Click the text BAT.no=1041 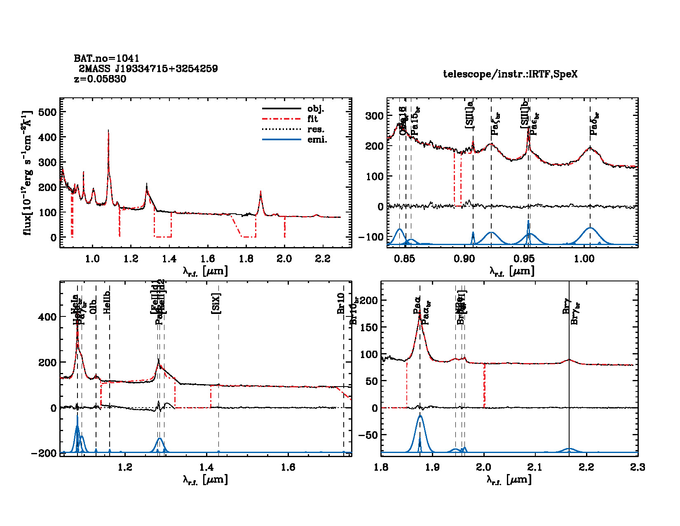point(106,59)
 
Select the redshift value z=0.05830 point(100,79)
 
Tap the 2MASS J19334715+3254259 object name point(148,68)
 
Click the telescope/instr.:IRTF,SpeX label point(510,74)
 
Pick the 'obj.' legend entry point(316,109)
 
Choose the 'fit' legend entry point(313,119)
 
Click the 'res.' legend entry point(316,130)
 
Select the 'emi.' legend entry point(317,140)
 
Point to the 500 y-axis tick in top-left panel point(47,112)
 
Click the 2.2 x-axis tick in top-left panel point(322,259)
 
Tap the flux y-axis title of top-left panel point(27,173)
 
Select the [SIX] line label point(216,304)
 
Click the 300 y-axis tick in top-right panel point(374,116)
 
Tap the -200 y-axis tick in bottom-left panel point(44,453)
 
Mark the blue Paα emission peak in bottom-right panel point(420,416)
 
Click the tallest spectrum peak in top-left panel point(108,130)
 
